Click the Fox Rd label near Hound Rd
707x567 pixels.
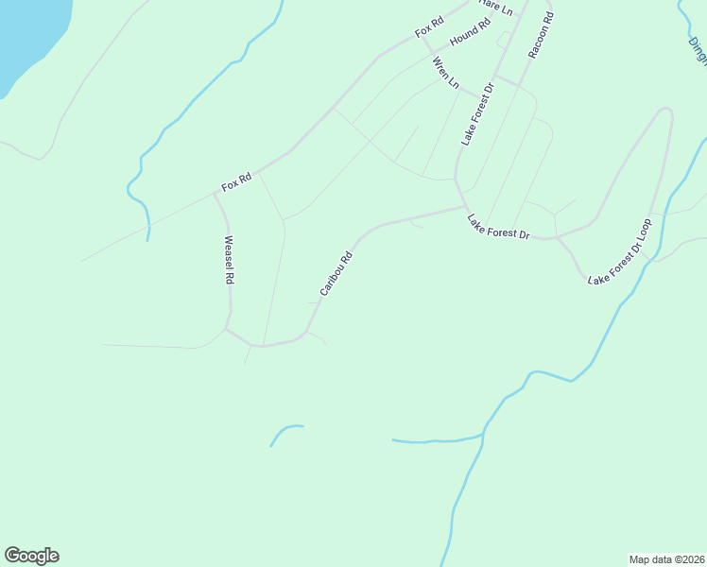point(429,27)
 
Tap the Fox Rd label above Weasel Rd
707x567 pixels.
point(236,181)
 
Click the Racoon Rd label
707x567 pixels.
point(542,36)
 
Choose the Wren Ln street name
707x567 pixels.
point(445,74)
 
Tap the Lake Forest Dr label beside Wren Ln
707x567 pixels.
point(478,113)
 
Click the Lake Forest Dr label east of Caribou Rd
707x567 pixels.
point(498,227)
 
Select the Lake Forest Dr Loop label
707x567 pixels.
point(620,252)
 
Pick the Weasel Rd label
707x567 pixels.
point(228,260)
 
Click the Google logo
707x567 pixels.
point(31,556)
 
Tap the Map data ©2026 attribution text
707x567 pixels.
point(666,558)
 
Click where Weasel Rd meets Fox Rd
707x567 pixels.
point(214,194)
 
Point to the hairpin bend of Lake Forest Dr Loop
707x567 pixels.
point(666,111)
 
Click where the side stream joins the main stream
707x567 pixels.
point(484,434)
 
